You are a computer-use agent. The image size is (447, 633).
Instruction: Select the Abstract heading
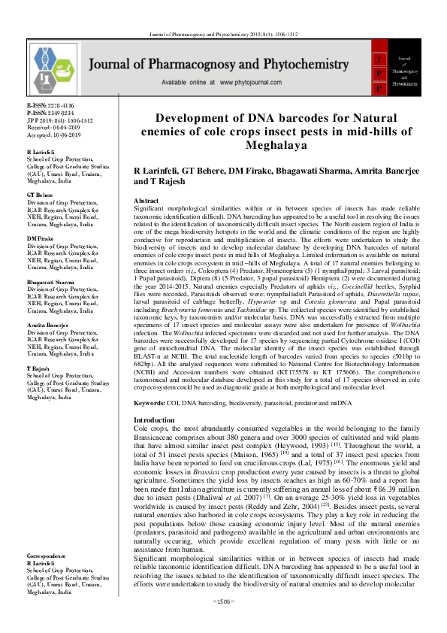tap(146, 201)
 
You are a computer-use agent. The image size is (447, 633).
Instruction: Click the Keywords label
tap(151, 403)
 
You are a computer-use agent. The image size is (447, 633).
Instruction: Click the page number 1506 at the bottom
tap(223, 622)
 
